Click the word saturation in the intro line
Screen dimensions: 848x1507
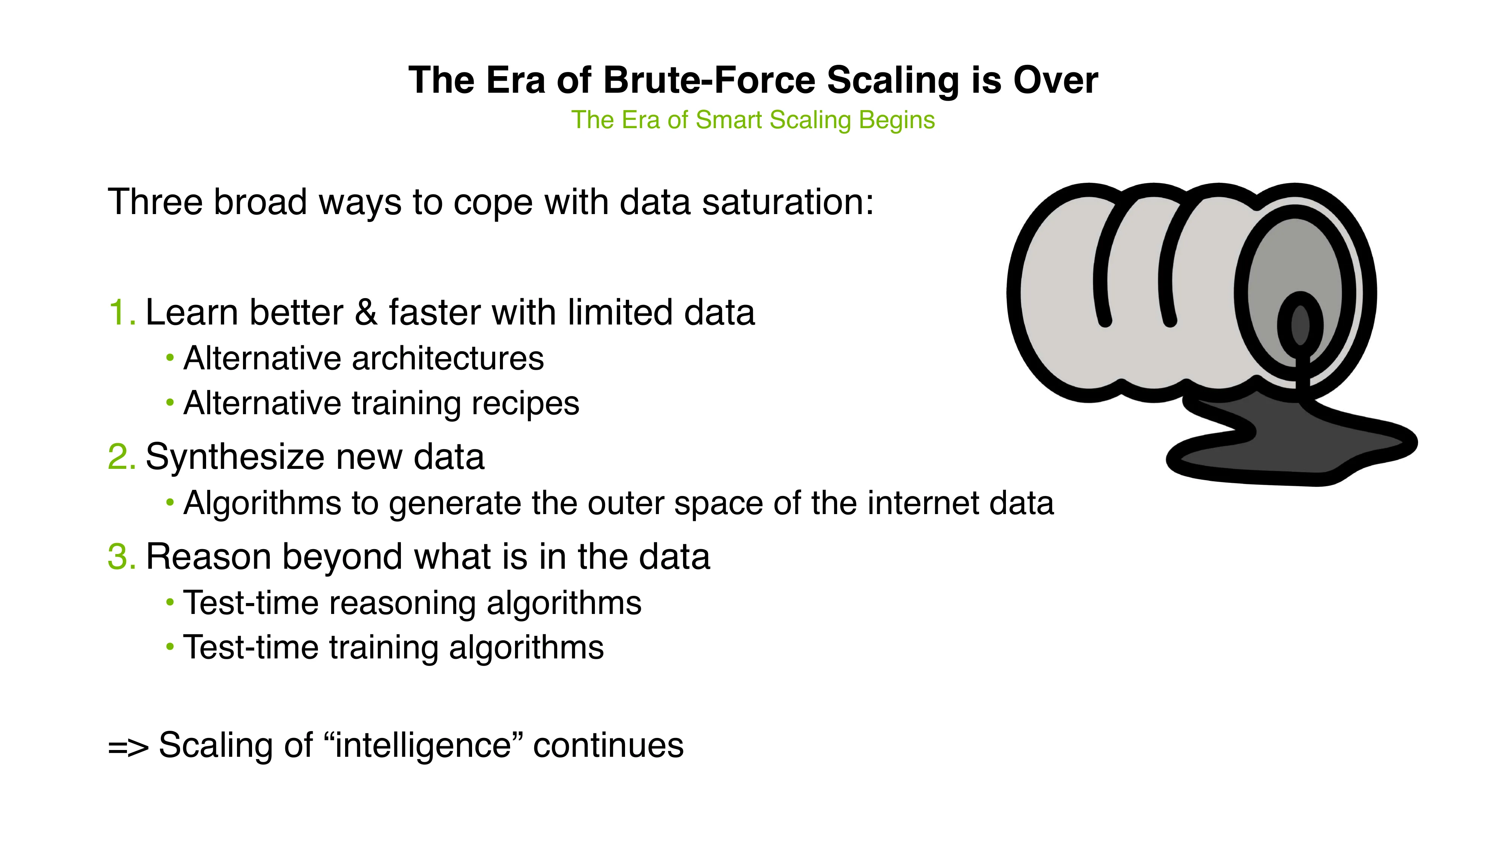[x=787, y=202]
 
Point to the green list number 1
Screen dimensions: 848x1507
[x=121, y=312]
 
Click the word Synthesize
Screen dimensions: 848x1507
[x=234, y=457]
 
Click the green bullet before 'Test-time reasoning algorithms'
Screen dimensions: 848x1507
[x=170, y=602]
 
